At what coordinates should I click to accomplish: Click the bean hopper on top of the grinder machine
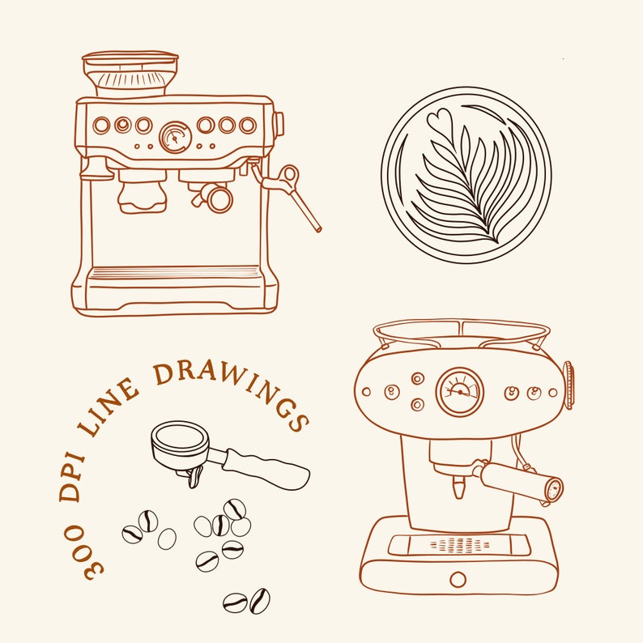click(130, 74)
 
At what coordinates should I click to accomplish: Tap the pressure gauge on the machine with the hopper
click(174, 137)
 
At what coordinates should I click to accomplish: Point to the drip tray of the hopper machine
click(175, 274)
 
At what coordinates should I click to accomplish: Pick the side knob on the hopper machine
click(279, 124)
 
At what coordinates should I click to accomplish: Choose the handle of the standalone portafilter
click(267, 469)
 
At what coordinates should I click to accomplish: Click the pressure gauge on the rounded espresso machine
click(460, 391)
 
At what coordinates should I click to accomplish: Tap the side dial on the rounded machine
click(568, 385)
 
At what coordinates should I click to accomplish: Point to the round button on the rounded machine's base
click(458, 579)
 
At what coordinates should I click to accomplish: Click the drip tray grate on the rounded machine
click(459, 544)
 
